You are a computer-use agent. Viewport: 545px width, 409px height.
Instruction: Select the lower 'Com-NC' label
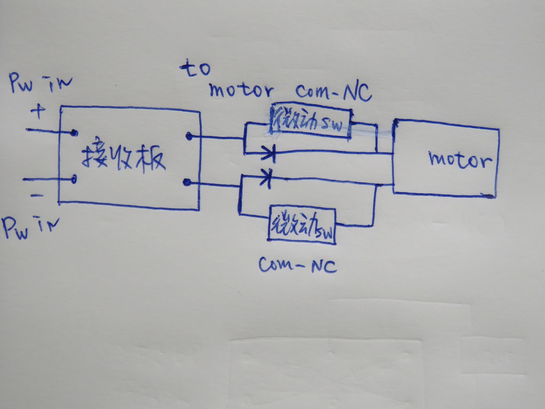(x=298, y=265)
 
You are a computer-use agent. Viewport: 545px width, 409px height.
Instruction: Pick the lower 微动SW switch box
(x=302, y=225)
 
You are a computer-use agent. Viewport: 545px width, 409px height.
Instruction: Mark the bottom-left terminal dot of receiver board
(x=74, y=179)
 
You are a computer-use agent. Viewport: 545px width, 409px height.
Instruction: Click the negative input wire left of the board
(x=41, y=179)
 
